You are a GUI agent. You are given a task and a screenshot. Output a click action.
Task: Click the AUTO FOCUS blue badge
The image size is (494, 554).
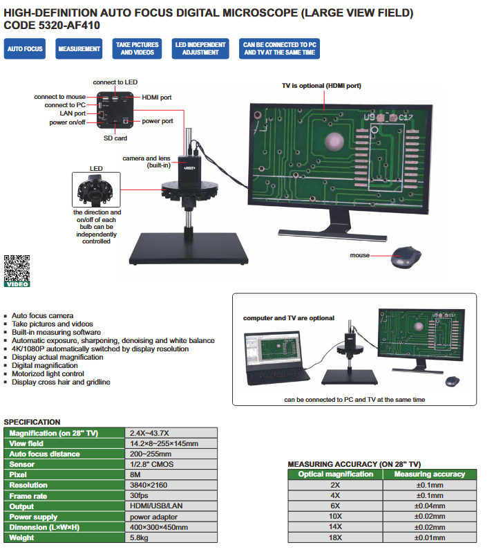click(x=25, y=49)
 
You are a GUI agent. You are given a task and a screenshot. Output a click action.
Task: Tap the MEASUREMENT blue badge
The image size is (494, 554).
click(x=79, y=49)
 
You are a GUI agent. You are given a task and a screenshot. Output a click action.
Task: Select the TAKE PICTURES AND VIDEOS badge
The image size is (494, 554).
click(x=136, y=48)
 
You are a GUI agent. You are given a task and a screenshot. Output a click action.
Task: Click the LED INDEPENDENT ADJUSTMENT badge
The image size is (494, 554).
click(x=200, y=48)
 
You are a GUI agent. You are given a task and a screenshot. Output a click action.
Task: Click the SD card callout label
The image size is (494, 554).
click(x=115, y=138)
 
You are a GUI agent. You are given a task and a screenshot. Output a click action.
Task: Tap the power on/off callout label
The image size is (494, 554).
click(x=67, y=122)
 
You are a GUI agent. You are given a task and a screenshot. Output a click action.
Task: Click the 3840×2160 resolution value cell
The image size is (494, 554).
click(x=173, y=486)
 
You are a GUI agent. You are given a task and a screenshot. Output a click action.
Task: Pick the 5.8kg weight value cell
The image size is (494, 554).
click(x=173, y=537)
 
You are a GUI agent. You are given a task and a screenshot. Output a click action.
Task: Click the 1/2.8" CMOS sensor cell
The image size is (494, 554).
click(x=173, y=465)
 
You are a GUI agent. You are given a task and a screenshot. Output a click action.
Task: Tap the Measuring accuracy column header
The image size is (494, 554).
click(x=429, y=474)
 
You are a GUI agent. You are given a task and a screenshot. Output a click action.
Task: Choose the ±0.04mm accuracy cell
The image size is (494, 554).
click(x=429, y=506)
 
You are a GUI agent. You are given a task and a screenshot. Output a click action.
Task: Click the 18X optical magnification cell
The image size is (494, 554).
click(x=335, y=537)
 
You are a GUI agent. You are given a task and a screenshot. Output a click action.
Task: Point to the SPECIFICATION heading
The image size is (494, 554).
click(x=32, y=422)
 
